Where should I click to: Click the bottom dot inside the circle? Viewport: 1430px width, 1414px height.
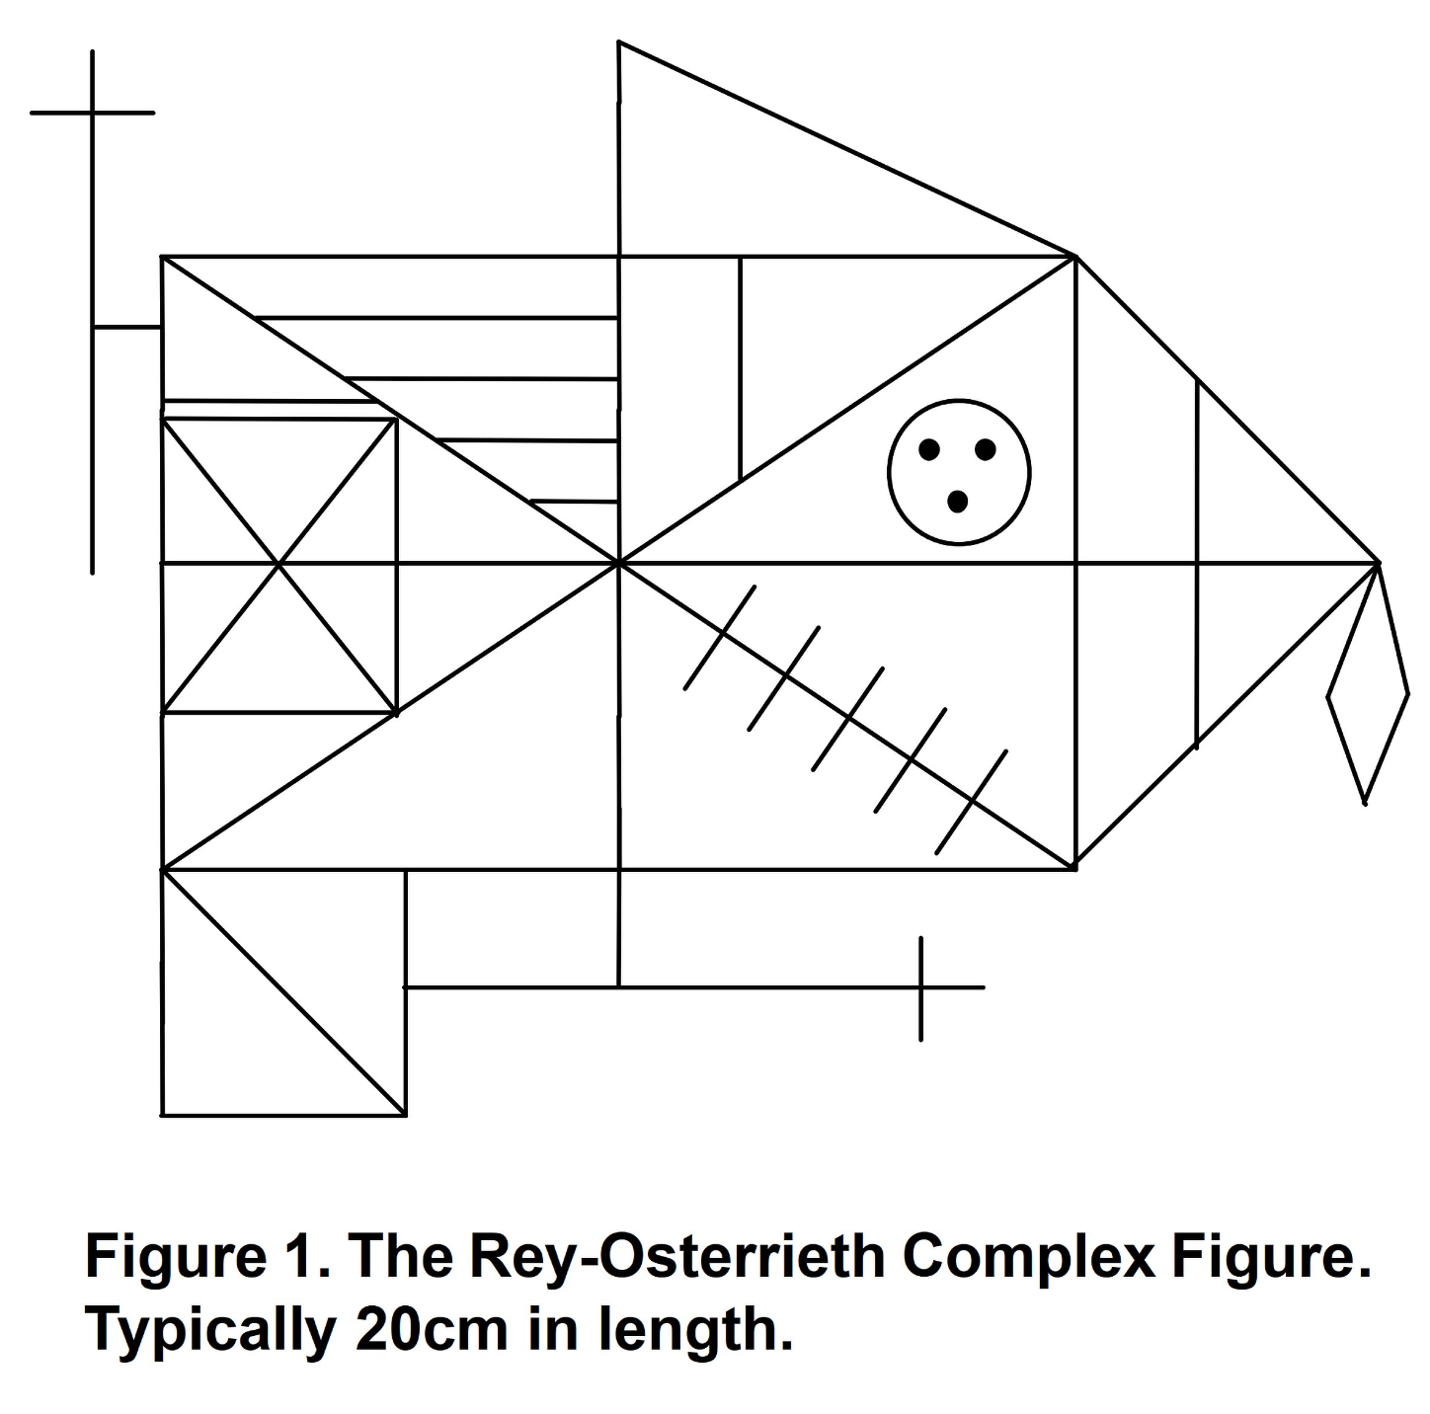tap(957, 502)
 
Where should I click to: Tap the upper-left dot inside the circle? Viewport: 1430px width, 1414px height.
tap(928, 450)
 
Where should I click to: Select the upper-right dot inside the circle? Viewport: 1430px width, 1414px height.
tap(985, 450)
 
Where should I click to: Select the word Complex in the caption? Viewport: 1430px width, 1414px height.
tap(1027, 1257)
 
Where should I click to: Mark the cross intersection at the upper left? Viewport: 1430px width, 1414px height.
tap(93, 113)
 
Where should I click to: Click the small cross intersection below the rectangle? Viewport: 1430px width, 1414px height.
tap(920, 986)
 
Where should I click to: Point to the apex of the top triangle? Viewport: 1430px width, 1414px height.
tap(619, 42)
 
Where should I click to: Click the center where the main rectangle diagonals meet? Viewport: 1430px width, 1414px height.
tap(619, 563)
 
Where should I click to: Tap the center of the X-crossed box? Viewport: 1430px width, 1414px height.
tap(279, 564)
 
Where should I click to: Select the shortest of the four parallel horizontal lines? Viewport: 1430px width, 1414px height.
tap(574, 502)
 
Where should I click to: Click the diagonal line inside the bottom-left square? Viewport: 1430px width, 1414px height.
tap(283, 992)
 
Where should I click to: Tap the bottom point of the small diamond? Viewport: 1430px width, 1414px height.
tap(1365, 803)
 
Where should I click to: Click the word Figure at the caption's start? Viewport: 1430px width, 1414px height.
tap(167, 1257)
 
